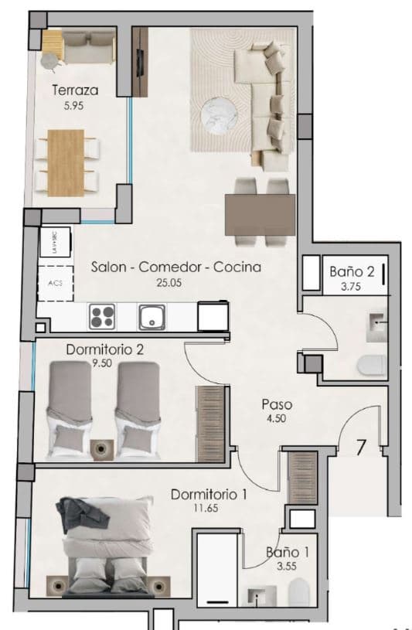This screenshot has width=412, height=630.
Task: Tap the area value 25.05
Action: tap(175, 283)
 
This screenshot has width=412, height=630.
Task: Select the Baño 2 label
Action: tap(352, 272)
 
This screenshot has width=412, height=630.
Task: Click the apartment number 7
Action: tap(361, 448)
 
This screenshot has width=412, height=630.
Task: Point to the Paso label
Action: tap(275, 404)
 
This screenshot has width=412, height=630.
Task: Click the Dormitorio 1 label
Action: tap(209, 495)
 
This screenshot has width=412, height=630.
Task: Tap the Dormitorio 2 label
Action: tap(104, 349)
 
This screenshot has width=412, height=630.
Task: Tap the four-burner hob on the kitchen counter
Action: tap(102, 317)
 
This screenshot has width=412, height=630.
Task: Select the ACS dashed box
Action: tap(55, 283)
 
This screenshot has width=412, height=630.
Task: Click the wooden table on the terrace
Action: tap(65, 162)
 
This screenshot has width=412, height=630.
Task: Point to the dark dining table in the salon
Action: tap(260, 214)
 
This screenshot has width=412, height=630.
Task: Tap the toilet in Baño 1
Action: tap(299, 594)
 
